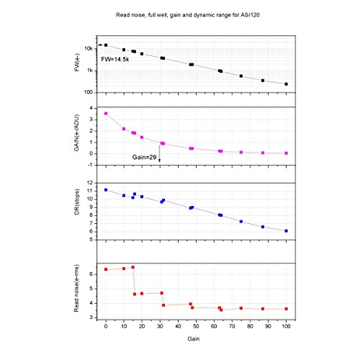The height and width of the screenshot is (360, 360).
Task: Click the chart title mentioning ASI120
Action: [188, 15]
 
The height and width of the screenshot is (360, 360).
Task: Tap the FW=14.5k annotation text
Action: [115, 59]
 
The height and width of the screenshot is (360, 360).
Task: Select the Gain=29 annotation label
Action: [144, 157]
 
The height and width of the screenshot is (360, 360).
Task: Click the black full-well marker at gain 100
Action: [286, 84]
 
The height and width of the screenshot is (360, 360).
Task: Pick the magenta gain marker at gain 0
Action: [106, 113]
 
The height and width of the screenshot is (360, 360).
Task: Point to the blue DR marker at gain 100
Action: [286, 231]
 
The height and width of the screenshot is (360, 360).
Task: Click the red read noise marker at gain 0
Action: [106, 269]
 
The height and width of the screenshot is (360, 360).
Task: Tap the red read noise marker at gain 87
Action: [263, 309]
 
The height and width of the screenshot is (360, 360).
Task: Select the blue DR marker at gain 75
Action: [241, 222]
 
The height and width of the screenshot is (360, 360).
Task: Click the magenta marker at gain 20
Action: [142, 138]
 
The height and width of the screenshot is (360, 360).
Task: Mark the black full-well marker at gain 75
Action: [241, 76]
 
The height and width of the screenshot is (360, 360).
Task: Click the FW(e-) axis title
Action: [77, 63]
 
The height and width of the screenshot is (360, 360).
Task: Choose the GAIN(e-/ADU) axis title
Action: [76, 132]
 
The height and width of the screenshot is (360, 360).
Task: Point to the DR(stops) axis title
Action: [77, 202]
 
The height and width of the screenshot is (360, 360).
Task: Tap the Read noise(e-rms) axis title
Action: [76, 288]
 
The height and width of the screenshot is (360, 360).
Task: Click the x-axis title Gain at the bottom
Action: [194, 338]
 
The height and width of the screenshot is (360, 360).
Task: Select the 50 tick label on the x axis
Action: [196, 326]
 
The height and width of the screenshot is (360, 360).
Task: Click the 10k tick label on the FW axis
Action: [89, 48]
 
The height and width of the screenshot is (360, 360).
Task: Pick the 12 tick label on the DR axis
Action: [90, 183]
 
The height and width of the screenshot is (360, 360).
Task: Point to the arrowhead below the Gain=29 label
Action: [159, 161]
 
